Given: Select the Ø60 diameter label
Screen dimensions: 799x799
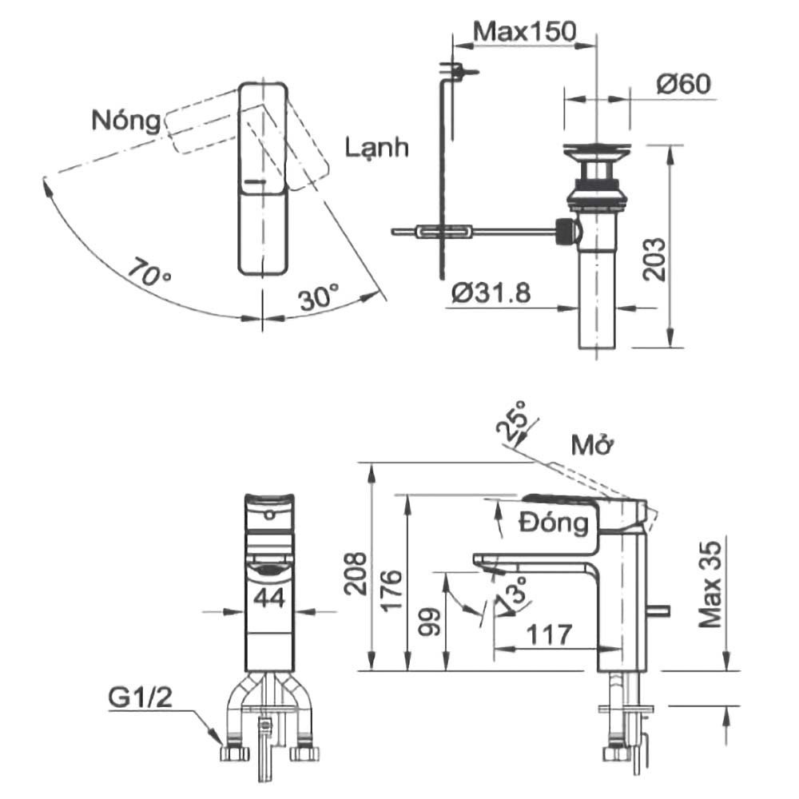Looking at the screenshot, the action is click(x=683, y=84).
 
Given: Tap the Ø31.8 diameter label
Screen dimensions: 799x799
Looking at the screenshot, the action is click(x=491, y=293).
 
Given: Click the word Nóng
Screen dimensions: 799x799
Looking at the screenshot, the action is click(x=126, y=121).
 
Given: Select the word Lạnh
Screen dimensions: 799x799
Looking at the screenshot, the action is click(x=377, y=148).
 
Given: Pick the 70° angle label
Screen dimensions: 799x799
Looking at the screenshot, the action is click(x=149, y=272).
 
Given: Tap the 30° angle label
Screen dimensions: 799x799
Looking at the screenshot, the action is click(x=319, y=297).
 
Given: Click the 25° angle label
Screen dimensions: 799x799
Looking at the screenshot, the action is click(x=512, y=421).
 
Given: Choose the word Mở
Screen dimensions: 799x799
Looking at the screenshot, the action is click(x=591, y=445).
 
